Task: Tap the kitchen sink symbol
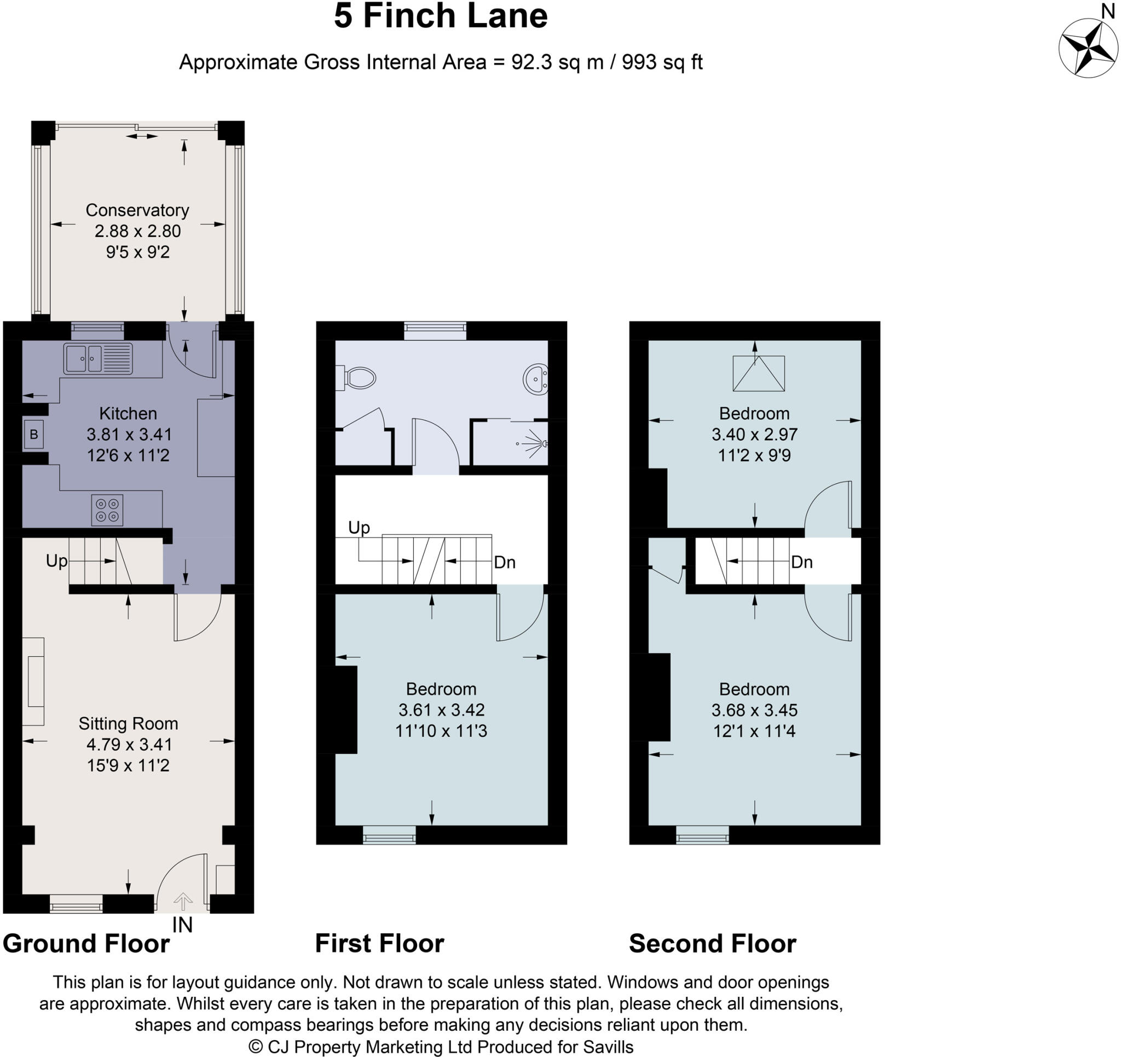coord(98,359)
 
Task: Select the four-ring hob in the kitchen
coord(107,509)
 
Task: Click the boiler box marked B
coord(34,434)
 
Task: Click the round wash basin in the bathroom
coord(536,379)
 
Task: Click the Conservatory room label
coord(137,210)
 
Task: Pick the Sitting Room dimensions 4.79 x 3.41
coord(129,744)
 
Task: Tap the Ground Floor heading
coord(86,944)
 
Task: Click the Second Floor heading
coord(712,944)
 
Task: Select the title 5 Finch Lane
coord(441,16)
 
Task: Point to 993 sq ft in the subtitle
coord(662,62)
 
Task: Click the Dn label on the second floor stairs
coord(801,562)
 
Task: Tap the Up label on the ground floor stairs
coord(56,561)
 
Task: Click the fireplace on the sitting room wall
coord(34,681)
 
